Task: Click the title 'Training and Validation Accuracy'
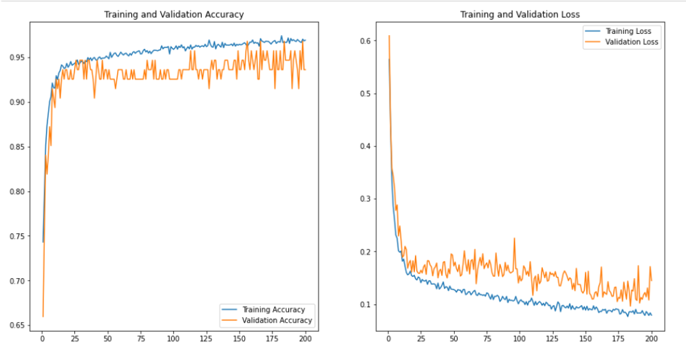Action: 173,14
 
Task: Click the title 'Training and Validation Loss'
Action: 519,14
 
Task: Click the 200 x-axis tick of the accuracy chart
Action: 305,340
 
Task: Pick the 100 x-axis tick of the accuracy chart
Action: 173,340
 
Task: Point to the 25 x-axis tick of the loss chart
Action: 420,340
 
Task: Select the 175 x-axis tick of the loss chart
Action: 619,340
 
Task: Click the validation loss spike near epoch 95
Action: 514,238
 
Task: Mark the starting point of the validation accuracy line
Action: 43,317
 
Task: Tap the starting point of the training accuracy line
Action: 43,242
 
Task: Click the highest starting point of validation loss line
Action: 389,36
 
